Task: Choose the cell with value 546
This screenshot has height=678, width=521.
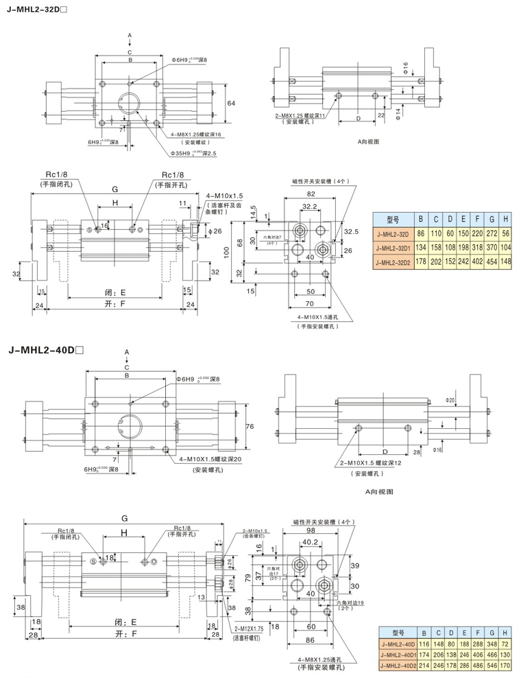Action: point(492,666)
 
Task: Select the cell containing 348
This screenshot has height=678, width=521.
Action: point(492,644)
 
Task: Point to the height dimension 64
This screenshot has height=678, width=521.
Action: point(231,102)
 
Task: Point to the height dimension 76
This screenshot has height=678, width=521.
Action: point(250,426)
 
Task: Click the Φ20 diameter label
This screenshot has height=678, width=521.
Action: point(450,399)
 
